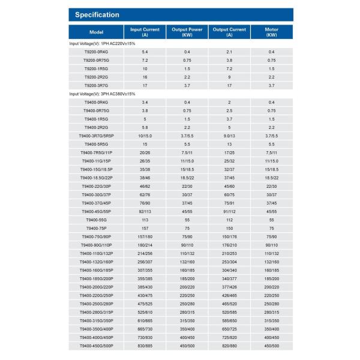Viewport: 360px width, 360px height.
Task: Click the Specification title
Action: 98,15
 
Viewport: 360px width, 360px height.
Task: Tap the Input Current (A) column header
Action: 145,31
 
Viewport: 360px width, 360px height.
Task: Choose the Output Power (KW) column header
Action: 187,31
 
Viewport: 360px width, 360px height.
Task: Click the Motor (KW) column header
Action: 271,31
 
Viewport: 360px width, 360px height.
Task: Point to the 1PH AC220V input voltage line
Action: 102,44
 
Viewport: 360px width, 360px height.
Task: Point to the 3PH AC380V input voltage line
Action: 102,94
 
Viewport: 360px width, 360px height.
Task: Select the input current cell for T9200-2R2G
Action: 145,77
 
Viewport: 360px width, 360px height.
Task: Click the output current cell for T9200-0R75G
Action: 229,61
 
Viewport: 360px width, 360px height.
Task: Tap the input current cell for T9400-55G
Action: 145,220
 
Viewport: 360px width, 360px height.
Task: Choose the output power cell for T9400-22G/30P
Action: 187,187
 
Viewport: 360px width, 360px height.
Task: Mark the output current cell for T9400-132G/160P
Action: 229,262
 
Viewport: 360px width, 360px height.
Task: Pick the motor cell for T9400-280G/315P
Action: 271,313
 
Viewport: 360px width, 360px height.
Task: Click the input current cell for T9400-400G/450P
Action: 145,338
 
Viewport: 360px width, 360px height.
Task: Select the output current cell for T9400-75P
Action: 229,229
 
